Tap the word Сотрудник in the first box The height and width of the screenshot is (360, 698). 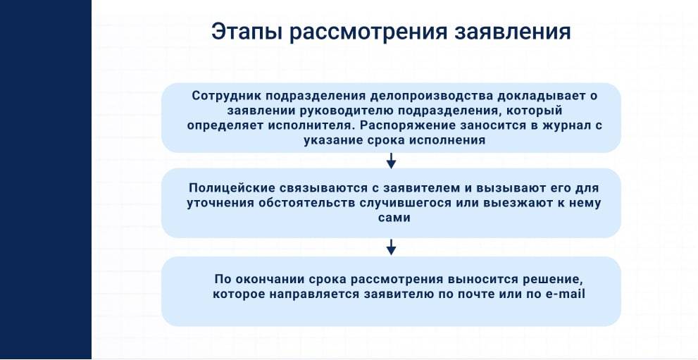click(226, 97)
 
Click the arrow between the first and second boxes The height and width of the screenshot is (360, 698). click(391, 161)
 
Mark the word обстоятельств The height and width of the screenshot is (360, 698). click(313, 203)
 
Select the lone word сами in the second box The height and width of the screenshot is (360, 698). click(391, 218)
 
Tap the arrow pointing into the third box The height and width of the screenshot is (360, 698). click(391, 247)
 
